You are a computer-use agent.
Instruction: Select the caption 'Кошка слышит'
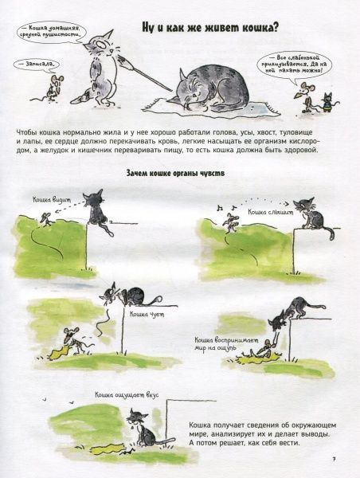[272, 214]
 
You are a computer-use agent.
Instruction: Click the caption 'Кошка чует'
[140, 314]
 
